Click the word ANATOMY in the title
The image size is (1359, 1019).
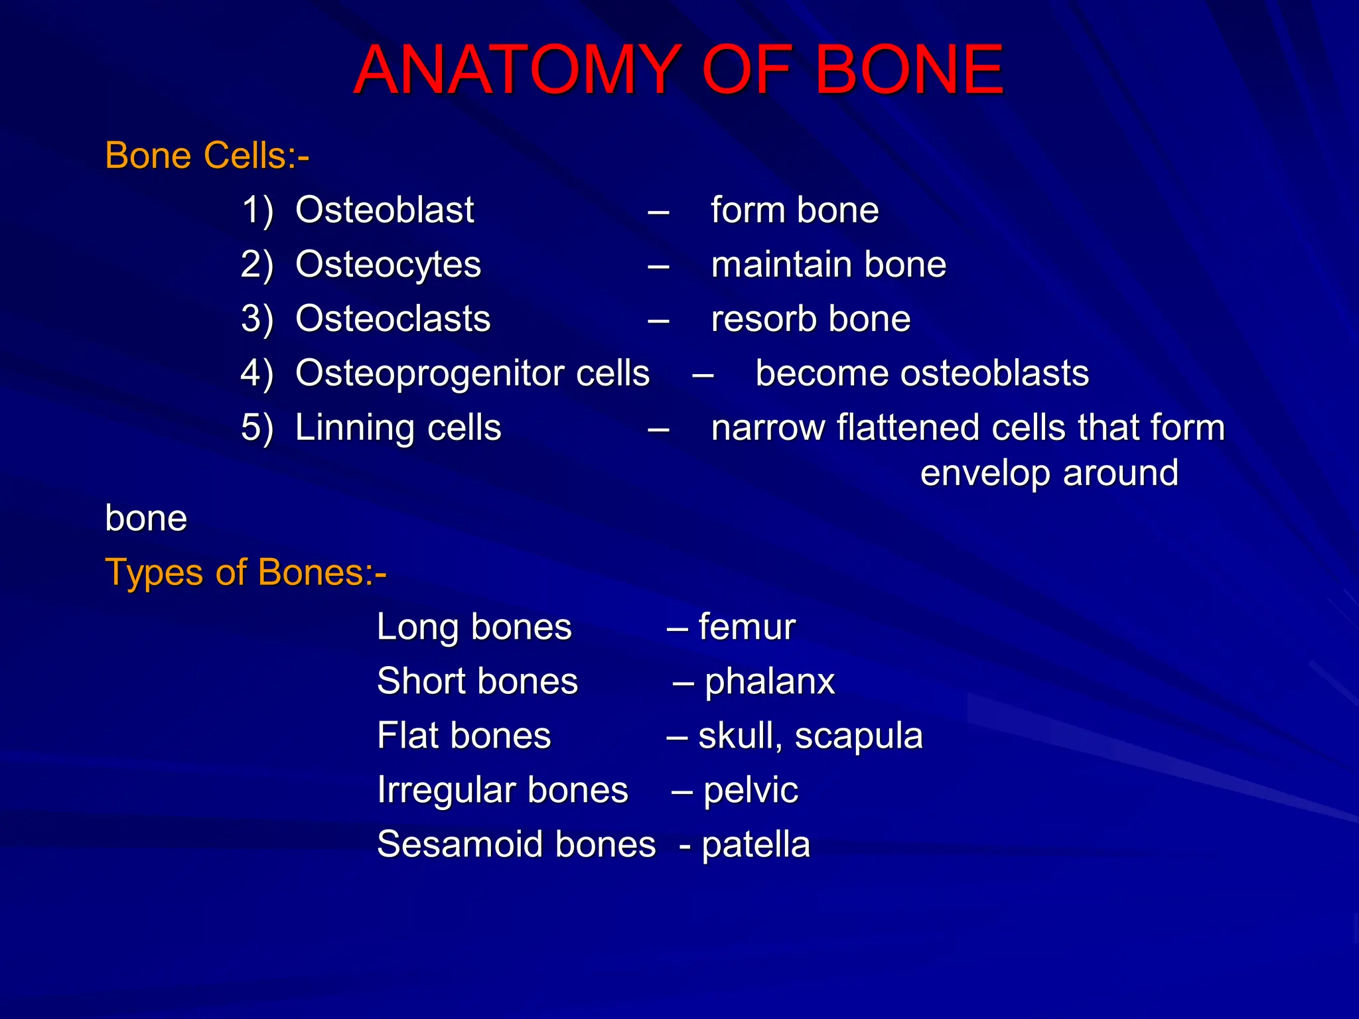(515, 70)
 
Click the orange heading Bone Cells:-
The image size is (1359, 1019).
(207, 156)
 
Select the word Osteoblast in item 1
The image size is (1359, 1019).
(384, 210)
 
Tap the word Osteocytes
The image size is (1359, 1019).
(388, 265)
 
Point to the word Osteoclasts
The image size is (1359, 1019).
(393, 319)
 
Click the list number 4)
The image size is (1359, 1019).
(257, 374)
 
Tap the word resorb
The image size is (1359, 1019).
(762, 319)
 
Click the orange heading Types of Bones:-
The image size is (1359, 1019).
(246, 573)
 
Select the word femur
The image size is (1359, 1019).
(747, 627)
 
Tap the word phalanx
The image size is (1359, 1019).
(769, 681)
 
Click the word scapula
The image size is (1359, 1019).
(858, 736)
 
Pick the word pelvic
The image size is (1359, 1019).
(751, 790)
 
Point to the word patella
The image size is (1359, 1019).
(756, 845)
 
